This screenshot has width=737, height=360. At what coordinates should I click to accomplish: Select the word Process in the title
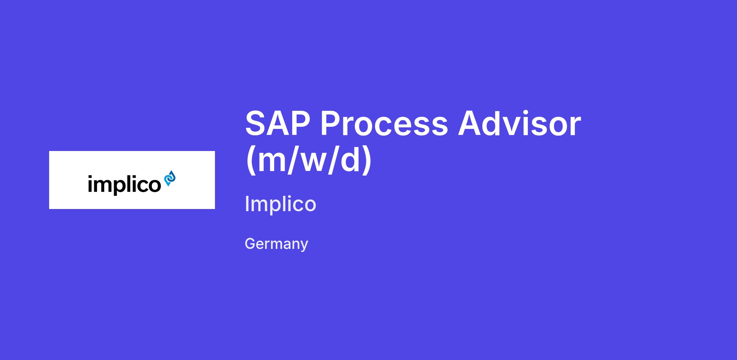point(384,124)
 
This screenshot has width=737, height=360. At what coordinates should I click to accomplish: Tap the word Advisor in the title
point(520,123)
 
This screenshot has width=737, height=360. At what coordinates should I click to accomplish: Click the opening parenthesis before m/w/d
point(252,159)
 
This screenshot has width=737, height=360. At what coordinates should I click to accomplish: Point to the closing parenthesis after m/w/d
point(366,159)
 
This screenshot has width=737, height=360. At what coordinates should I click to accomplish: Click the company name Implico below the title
point(280,204)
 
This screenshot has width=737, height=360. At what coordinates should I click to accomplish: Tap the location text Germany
point(276,244)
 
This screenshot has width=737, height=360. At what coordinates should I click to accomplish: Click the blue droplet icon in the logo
point(170,178)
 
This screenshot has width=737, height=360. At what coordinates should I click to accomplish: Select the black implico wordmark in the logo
point(124,184)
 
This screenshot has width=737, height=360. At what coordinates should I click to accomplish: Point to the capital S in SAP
point(256,124)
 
